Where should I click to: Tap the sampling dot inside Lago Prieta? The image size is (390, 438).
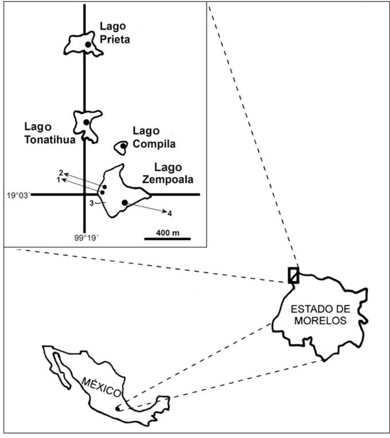[88, 44]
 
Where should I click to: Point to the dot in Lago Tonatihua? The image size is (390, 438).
[86, 122]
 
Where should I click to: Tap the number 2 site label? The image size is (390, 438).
[60, 173]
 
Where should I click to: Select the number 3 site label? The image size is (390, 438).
[91, 203]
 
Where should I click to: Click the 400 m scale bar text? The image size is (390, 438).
[167, 232]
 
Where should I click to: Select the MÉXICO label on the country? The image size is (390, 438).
[101, 383]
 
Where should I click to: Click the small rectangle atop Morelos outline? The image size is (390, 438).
[293, 275]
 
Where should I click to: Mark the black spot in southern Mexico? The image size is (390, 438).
[119, 409]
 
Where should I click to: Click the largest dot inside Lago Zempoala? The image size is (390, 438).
[125, 203]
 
